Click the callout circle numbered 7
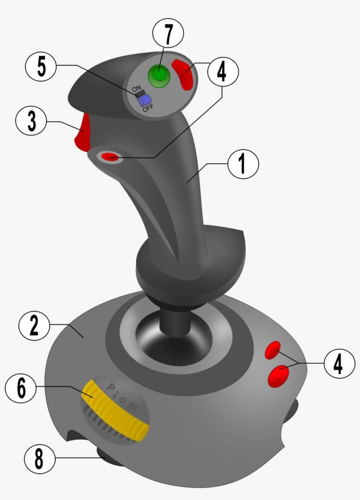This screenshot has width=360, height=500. (168, 33)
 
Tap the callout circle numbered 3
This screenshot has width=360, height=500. (31, 122)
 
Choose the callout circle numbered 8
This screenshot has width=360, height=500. (40, 460)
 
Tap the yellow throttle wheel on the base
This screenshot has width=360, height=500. (114, 410)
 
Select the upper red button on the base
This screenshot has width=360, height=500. (273, 350)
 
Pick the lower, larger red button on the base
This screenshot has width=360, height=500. (278, 376)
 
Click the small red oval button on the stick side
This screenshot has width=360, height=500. (110, 156)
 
